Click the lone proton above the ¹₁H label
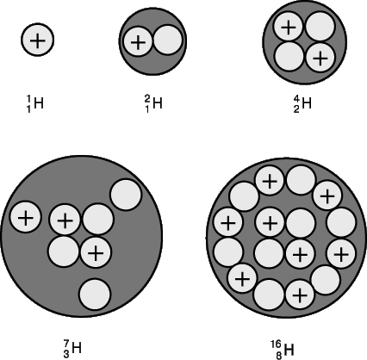pyautogui.click(x=37, y=40)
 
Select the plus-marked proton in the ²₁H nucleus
pyautogui.click(x=138, y=42)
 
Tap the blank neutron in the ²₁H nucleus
pyautogui.click(x=168, y=40)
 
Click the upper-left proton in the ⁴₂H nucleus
pyautogui.click(x=289, y=27)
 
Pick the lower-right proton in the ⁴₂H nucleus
pyautogui.click(x=320, y=59)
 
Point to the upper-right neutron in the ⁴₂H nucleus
pyautogui.click(x=320, y=26)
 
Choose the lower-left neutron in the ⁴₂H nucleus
pyautogui.click(x=289, y=57)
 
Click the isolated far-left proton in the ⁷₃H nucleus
pyautogui.click(x=26, y=218)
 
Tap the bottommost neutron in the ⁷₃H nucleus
pyautogui.click(x=95, y=295)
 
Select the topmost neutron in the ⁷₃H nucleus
pyautogui.click(x=126, y=195)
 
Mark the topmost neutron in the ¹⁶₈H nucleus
pyautogui.click(x=301, y=180)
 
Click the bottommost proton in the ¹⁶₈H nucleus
pyautogui.click(x=300, y=295)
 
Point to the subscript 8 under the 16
pyautogui.click(x=279, y=356)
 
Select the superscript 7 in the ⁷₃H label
pyautogui.click(x=66, y=344)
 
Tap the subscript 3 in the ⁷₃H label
pyautogui.click(x=66, y=354)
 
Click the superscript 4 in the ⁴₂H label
pyautogui.click(x=296, y=99)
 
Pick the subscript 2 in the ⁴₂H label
pyautogui.click(x=296, y=109)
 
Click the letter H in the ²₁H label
pyautogui.click(x=158, y=103)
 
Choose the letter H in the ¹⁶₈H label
pyautogui.click(x=289, y=350)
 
